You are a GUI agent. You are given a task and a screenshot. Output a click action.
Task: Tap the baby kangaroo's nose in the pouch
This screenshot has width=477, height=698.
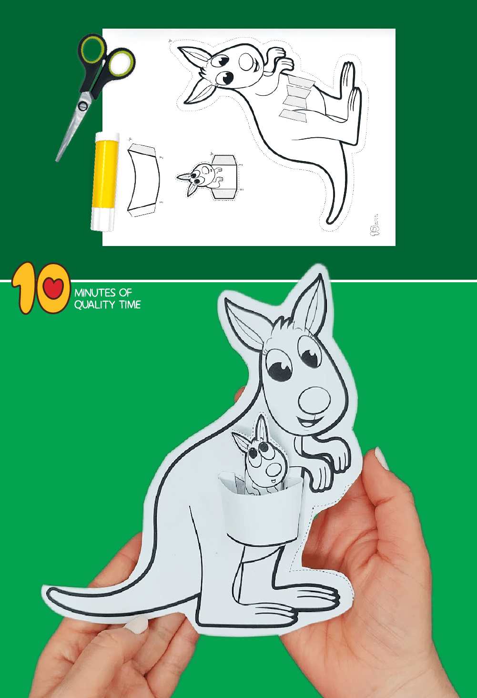pos(273,470)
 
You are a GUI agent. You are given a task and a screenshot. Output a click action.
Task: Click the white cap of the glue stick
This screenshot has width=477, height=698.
pos(103,221)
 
